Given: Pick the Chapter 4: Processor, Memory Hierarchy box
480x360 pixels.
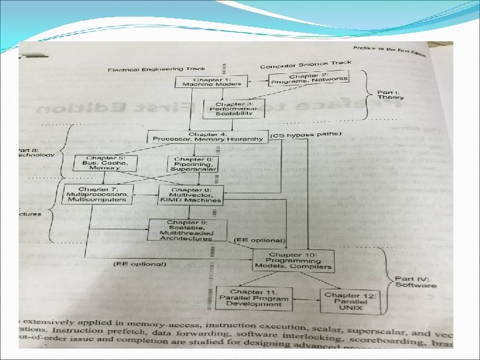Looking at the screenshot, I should [x=209, y=137].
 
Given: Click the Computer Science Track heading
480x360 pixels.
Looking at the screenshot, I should [x=305, y=65].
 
